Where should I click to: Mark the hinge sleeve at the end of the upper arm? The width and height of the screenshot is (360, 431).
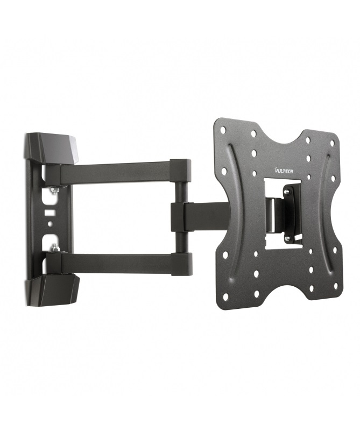pyautogui.click(x=181, y=172)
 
